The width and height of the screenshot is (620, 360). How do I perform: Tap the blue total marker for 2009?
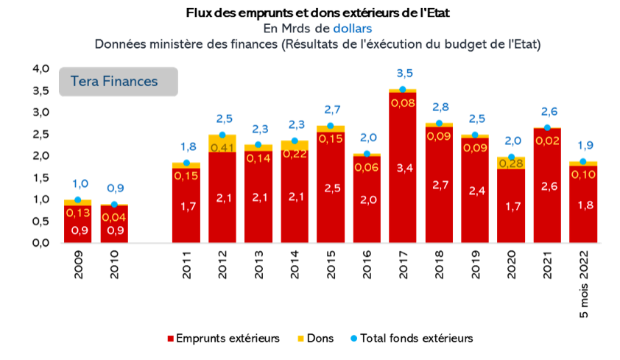[x=77, y=200]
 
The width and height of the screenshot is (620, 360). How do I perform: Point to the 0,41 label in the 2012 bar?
[x=222, y=147]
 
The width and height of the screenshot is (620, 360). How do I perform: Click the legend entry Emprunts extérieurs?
[x=225, y=339]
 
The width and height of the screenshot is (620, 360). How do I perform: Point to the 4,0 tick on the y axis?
[x=40, y=68]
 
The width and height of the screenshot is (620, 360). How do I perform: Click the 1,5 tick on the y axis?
[x=40, y=177]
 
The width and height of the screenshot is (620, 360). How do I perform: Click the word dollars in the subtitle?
[x=352, y=28]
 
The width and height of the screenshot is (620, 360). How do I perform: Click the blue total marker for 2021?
[x=547, y=128]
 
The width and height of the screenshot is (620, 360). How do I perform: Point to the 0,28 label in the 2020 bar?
[x=511, y=163]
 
